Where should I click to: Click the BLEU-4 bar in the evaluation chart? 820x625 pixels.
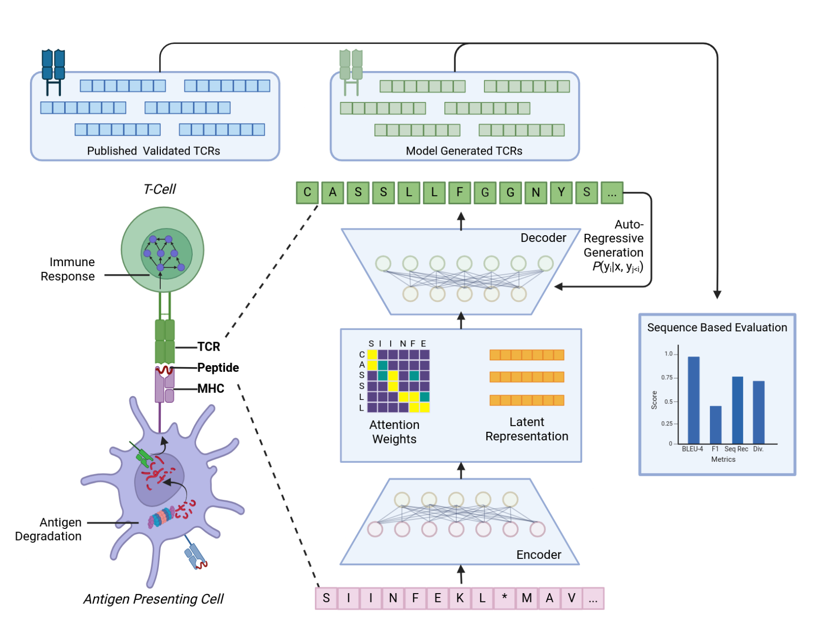pos(693,400)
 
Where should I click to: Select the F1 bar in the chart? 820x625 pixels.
pos(716,425)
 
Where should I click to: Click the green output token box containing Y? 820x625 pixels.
pos(561,192)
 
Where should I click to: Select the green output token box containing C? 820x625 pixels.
pos(307,192)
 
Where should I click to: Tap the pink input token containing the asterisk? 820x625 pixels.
pos(504,598)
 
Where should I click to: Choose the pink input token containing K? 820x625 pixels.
pos(460,598)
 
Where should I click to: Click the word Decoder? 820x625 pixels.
pos(543,238)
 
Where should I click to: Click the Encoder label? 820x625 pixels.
pos(539,554)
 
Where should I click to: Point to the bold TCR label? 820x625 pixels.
pos(209,347)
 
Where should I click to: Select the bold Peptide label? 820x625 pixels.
pos(218,368)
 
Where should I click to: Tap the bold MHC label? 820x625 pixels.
pos(211,388)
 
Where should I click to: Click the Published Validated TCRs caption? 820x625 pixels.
pos(154,151)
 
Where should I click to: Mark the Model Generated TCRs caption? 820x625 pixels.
pos(464,151)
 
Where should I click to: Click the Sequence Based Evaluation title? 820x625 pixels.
pos(717,327)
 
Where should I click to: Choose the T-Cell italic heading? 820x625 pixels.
pos(160,189)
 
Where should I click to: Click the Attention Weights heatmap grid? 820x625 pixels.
pos(398,381)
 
